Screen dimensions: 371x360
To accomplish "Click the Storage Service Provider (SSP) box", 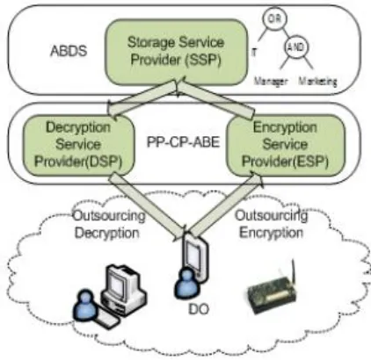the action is [176, 52].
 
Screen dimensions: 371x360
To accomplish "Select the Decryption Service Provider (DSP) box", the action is [78, 145].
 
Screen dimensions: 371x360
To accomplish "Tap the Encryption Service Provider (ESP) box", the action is [286, 145].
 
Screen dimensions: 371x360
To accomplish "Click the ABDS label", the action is [69, 51].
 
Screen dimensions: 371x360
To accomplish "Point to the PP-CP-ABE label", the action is [183, 142].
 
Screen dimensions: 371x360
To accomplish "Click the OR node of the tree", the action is [274, 18].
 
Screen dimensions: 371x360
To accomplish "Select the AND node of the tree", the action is [296, 47].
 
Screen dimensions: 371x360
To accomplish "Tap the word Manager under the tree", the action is [271, 81].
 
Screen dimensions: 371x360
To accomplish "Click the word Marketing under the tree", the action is [318, 81].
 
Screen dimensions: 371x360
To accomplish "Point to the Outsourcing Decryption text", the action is [109, 225].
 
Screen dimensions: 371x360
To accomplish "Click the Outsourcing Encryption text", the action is [272, 224].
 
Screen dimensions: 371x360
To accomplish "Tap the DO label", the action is [199, 309].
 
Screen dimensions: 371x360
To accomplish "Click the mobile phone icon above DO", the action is [195, 256].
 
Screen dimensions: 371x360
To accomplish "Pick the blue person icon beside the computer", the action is [86, 305].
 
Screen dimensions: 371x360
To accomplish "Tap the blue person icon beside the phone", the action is [185, 284].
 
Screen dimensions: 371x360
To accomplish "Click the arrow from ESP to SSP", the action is [216, 98].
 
